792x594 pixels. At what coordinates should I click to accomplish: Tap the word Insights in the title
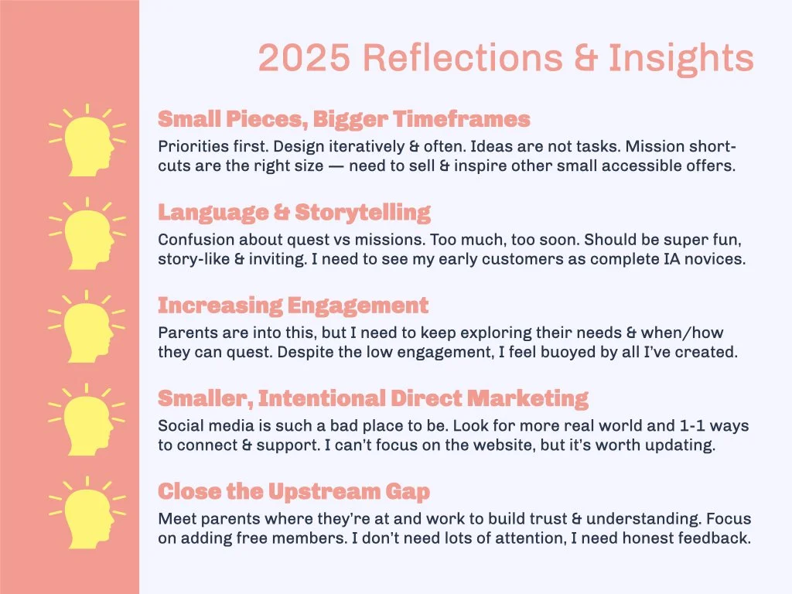pos(680,58)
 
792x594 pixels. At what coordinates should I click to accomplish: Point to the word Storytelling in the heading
pos(363,213)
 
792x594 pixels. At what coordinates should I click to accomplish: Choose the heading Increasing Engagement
pos(292,306)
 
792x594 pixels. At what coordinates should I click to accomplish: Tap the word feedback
pos(715,538)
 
